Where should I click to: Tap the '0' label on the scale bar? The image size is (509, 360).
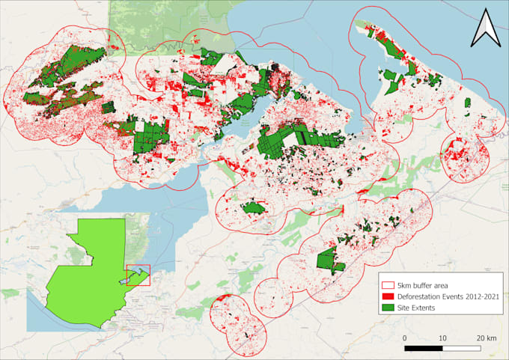coord(405,338)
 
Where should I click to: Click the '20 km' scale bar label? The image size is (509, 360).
coord(485,338)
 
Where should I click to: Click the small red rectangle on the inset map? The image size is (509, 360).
coord(138,275)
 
